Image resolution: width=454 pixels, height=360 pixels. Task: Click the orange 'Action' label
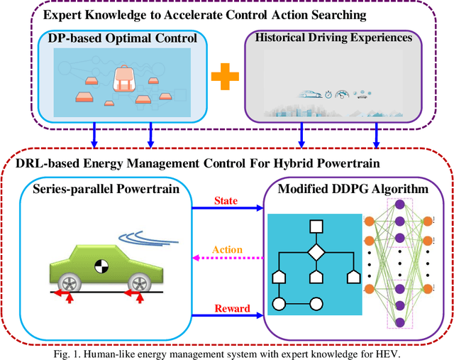point(227,249)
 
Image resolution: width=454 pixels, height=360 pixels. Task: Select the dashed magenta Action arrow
point(226,259)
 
